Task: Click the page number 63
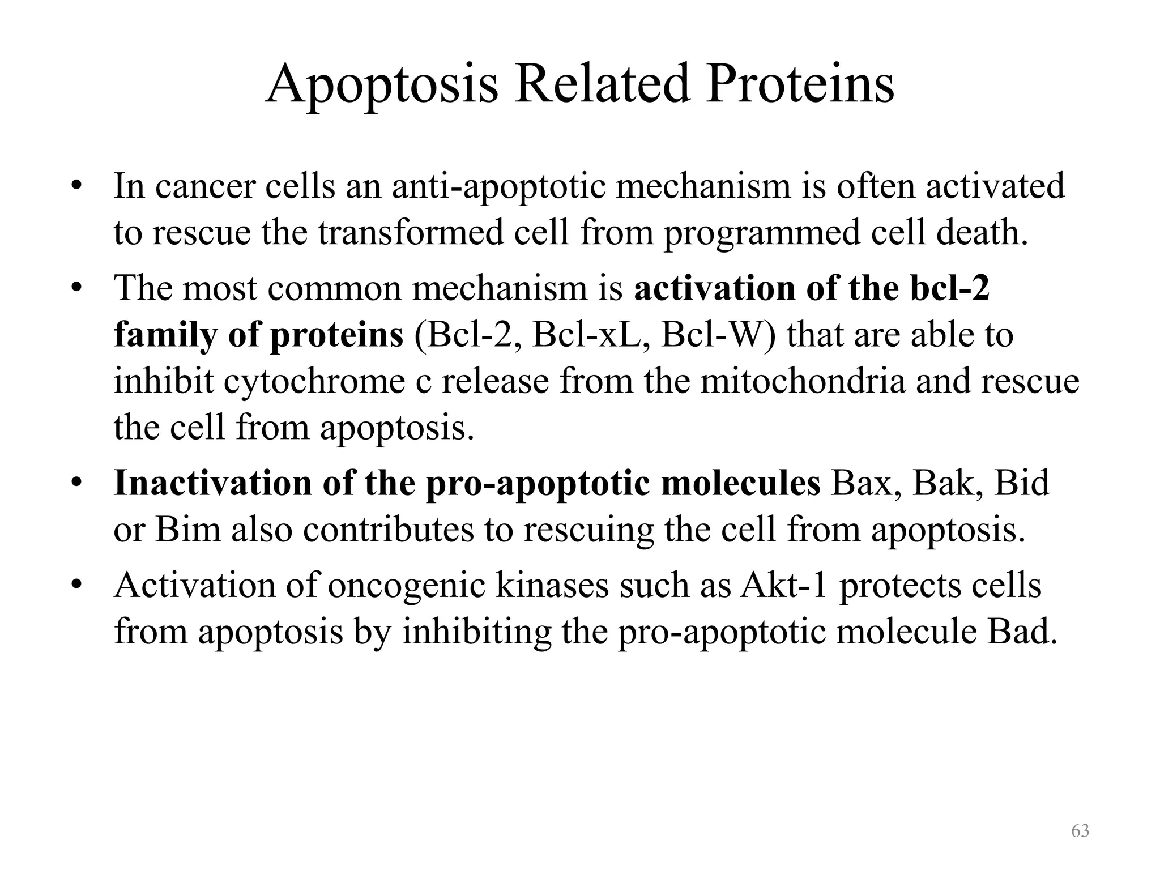tap(1080, 830)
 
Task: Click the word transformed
tap(410, 233)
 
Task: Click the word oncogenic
tap(406, 585)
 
